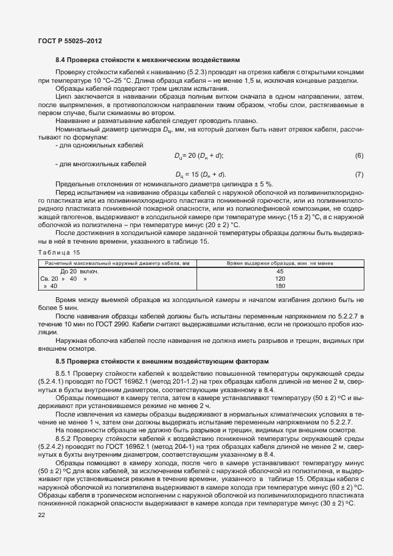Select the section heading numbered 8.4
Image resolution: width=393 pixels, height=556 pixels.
[147, 60]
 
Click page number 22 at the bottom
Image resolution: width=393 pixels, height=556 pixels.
[41, 516]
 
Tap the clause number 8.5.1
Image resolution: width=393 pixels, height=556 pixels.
[64, 373]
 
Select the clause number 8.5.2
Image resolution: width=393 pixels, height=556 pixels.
[64, 437]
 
